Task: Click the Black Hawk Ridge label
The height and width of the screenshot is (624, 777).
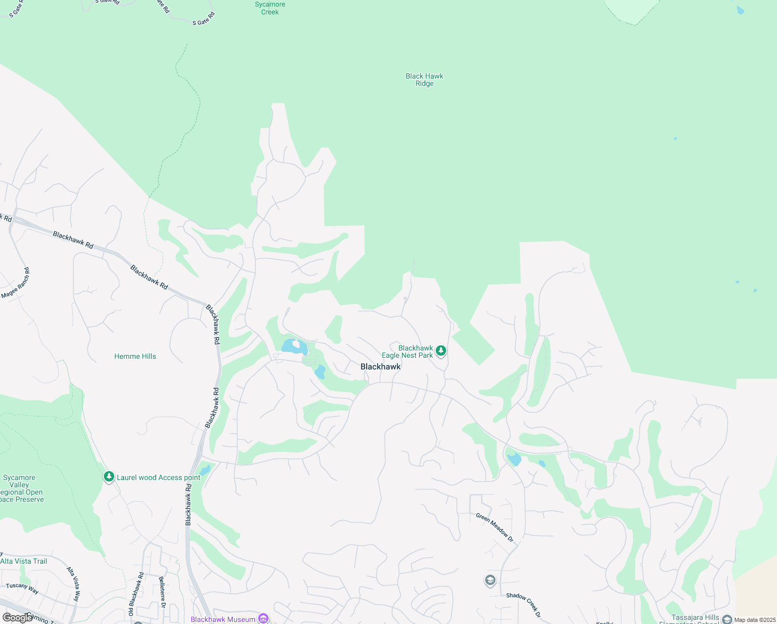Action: tap(424, 80)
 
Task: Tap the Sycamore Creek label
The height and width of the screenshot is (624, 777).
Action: tap(270, 8)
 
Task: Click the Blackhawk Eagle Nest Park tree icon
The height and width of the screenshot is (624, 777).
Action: tap(440, 352)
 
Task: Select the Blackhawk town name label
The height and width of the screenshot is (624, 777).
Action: tap(380, 367)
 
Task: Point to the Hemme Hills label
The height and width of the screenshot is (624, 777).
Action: tap(135, 356)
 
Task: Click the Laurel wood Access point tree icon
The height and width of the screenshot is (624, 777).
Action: tap(109, 477)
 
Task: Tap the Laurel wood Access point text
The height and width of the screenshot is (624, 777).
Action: tap(158, 477)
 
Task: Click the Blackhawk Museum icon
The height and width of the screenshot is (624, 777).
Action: tap(263, 618)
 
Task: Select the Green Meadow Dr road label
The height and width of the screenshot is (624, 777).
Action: tap(494, 528)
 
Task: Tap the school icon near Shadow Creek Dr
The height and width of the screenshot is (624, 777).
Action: tap(490, 580)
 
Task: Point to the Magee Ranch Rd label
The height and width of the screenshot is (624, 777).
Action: tap(16, 283)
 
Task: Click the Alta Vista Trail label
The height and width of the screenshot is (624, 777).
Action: tap(24, 561)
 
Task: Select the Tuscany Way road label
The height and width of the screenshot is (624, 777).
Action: tap(22, 589)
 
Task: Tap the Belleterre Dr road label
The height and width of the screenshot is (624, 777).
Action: tap(162, 592)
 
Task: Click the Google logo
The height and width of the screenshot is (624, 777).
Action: tap(17, 618)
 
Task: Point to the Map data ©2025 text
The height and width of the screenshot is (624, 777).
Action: tap(755, 620)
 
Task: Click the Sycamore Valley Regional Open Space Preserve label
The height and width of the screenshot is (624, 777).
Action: tap(21, 488)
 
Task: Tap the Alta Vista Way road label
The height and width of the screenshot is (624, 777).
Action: tap(74, 584)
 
